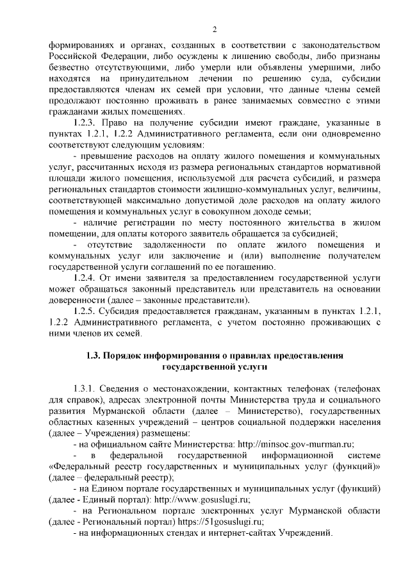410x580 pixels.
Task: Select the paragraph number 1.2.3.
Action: click(x=85, y=122)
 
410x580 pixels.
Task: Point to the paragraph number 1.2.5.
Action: click(x=85, y=311)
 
